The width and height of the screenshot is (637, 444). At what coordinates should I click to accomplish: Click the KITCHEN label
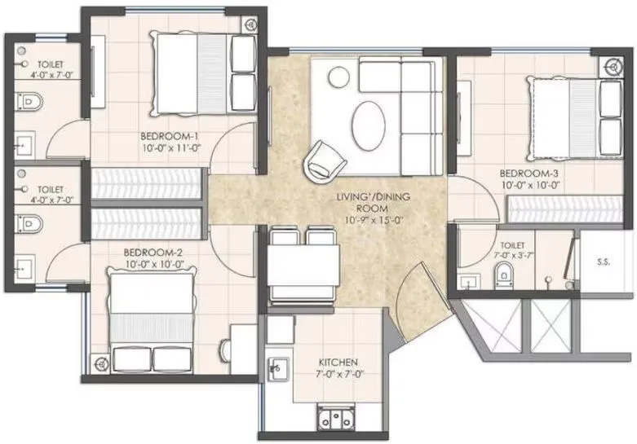[x=336, y=361]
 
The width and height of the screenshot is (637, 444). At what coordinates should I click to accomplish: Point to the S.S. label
[x=604, y=262]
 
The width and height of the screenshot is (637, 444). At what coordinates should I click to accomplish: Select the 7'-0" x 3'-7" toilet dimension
[x=515, y=255]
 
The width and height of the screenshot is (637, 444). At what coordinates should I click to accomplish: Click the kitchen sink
[x=278, y=368]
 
